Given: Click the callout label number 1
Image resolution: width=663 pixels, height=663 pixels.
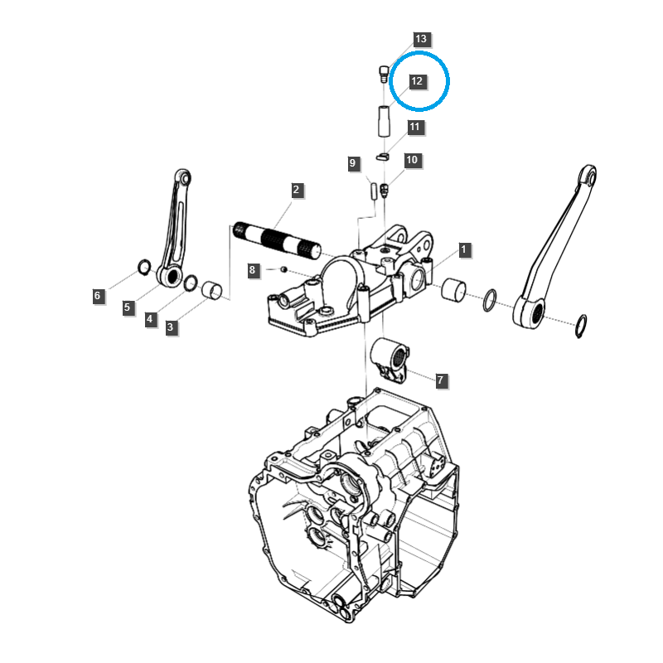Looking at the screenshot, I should [x=464, y=249].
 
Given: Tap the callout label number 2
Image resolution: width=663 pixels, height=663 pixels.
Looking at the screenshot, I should [x=296, y=191].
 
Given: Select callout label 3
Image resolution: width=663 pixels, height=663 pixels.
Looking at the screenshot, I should [x=170, y=327].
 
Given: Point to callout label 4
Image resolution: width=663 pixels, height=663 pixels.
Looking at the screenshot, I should [x=150, y=318].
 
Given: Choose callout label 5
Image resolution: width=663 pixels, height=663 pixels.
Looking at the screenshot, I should [x=127, y=307].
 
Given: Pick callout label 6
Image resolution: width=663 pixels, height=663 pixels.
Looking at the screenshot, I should [x=98, y=295].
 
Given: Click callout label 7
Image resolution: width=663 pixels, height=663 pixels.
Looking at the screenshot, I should [x=440, y=380].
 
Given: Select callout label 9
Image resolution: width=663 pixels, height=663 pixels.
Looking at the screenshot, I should [x=352, y=163].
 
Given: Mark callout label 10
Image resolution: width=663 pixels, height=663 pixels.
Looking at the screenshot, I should [x=412, y=160].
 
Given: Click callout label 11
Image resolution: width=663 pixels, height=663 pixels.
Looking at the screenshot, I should [x=414, y=128].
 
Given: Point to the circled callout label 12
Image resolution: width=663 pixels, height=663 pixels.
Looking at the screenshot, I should [x=416, y=81].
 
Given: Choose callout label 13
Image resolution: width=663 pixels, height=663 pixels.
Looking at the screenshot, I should [x=421, y=39].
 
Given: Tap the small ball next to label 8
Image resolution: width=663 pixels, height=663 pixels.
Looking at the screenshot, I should [x=284, y=269].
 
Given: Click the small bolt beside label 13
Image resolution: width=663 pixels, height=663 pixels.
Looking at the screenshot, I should [x=382, y=73].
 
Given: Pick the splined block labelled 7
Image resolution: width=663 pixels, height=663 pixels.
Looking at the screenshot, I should [x=392, y=358].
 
